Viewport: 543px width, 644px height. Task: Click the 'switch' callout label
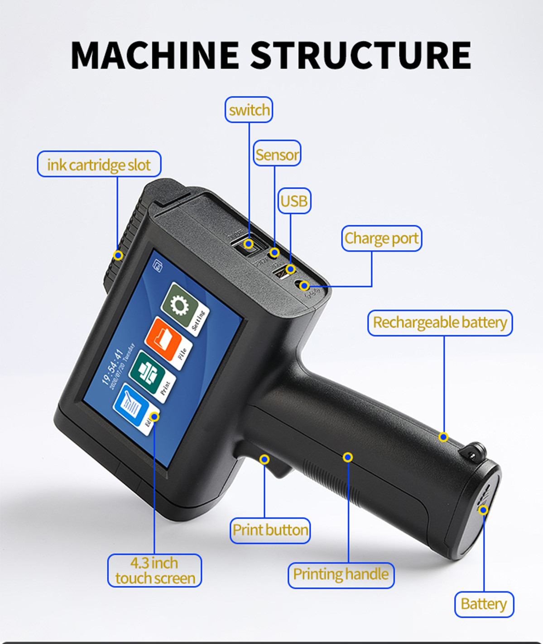coord(249,110)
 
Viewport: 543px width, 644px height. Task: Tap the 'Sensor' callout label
coord(277,154)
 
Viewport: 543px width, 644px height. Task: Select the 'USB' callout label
coord(294,201)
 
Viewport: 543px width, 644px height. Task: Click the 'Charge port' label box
coord(381,238)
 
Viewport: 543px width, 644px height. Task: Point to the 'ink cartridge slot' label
coord(99,164)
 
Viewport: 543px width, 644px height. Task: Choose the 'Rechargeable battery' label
coord(440,322)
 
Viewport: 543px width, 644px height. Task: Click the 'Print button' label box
coord(270,530)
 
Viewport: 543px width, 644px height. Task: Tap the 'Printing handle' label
coord(341,574)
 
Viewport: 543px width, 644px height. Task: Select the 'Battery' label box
coord(484,604)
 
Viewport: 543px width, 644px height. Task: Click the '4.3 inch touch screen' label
coord(154,570)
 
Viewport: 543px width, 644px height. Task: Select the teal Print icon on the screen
coord(147,370)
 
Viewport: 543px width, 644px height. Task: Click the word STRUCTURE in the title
coord(360,55)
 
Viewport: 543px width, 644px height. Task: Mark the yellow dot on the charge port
coord(305,285)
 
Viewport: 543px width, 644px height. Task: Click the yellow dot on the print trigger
coord(265,459)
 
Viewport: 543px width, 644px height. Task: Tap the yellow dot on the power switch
coord(248,244)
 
